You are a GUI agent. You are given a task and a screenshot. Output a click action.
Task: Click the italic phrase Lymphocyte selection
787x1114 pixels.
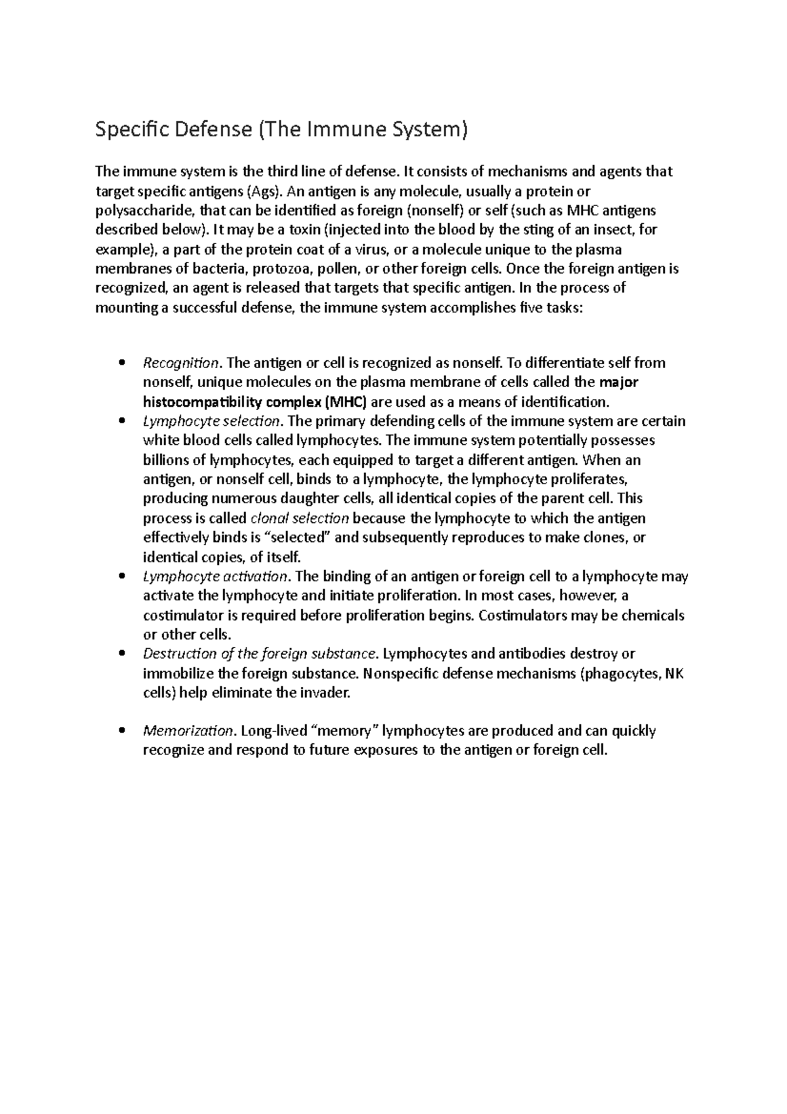point(211,421)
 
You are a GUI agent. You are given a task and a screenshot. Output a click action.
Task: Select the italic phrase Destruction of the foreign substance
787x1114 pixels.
point(260,654)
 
